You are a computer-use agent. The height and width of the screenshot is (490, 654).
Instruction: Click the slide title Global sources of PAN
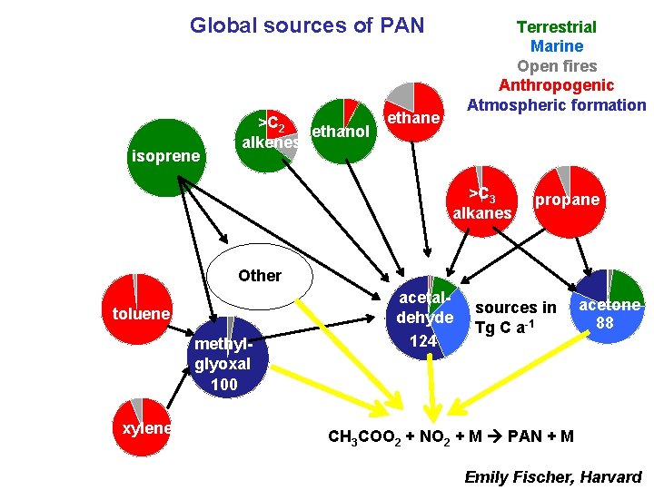coord(307,25)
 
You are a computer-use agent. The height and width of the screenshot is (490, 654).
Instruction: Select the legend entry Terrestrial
coord(556,27)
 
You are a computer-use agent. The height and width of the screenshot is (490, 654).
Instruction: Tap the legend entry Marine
coord(556,46)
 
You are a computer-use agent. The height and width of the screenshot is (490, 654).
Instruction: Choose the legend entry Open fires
coord(556,65)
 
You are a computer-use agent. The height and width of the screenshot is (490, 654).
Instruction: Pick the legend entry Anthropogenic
coord(556,85)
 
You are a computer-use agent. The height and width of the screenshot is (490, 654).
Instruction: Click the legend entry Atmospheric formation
coord(556,104)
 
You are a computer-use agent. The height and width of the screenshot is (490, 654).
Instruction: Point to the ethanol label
coord(341,132)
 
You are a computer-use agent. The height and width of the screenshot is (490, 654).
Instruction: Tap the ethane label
coord(413,118)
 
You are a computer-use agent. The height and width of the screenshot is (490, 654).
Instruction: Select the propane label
coord(568,200)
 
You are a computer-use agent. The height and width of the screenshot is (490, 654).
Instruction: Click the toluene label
coord(141,314)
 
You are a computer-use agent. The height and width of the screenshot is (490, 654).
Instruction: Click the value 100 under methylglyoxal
coord(223,384)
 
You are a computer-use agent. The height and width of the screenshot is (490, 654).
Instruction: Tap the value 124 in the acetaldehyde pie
coord(423,341)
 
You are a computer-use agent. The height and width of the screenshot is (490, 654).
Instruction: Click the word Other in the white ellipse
coord(260,275)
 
